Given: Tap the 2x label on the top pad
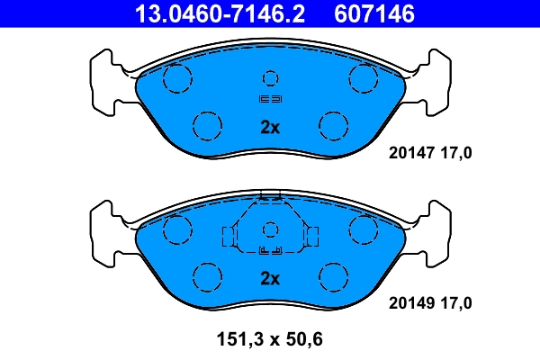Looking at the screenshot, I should (270, 128).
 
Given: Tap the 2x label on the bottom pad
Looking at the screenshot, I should (270, 278).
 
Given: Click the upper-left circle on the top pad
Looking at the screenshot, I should (176, 78).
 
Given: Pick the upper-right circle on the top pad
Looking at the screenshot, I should (364, 78).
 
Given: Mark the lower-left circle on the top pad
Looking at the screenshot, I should (208, 123).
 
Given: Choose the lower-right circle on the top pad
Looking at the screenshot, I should (333, 123).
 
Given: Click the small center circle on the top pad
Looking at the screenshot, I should (270, 77).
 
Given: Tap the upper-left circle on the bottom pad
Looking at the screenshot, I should (176, 229).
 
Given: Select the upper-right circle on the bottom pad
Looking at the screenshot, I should (364, 229).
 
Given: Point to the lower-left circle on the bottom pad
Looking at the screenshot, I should (208, 274).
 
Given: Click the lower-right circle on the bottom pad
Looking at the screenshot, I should (333, 274).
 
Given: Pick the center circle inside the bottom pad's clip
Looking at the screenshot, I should (270, 229).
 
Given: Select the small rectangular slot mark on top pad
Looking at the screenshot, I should (270, 98).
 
